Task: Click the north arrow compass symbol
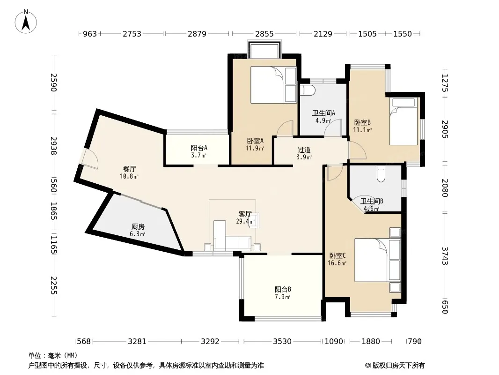(x=26, y=21)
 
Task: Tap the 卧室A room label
(x=255, y=141)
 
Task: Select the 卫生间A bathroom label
(x=323, y=113)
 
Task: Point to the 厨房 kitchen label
(x=138, y=226)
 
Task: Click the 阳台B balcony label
(x=283, y=289)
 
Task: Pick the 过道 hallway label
(x=304, y=150)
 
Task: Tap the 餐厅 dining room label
(x=129, y=169)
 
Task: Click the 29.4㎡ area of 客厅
(x=245, y=221)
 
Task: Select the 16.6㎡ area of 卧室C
(x=337, y=263)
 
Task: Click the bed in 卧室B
(x=404, y=121)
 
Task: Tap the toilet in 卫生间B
(x=381, y=173)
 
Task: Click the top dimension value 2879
(x=197, y=34)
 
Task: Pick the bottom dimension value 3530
(x=282, y=342)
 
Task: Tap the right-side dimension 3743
(x=445, y=256)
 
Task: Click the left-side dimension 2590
(x=53, y=82)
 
